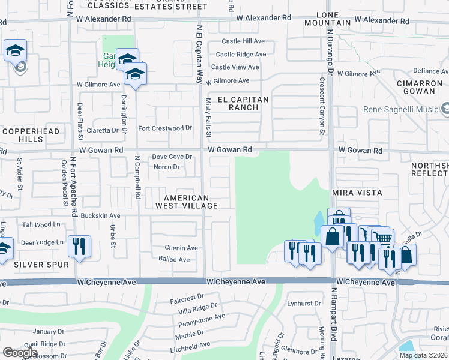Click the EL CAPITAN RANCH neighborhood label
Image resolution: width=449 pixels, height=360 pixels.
coord(238,103)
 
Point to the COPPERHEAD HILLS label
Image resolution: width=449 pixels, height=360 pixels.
coord(24,134)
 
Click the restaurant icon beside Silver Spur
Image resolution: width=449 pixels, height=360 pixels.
coord(79,246)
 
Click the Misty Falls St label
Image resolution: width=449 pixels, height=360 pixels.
coord(208,118)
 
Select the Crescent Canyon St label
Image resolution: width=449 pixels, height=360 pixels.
coord(322,106)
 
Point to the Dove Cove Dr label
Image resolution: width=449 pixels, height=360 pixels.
coord(172,157)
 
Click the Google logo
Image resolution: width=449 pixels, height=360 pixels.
coord(20,352)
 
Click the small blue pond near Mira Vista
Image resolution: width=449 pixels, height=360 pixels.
coord(316,224)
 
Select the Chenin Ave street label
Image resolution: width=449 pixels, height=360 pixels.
coord(182,248)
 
